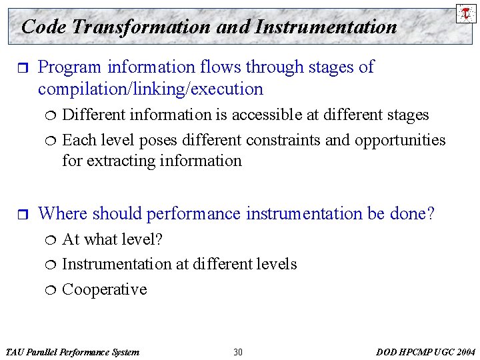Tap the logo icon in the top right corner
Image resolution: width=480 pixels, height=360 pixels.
tap(465, 13)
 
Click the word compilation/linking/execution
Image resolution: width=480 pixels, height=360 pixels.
tap(151, 89)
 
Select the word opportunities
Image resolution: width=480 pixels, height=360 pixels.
tap(400, 140)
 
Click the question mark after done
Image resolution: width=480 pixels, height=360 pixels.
tap(431, 213)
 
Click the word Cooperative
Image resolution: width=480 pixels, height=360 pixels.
tap(104, 289)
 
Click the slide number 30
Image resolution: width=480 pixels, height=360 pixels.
tap(238, 352)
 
